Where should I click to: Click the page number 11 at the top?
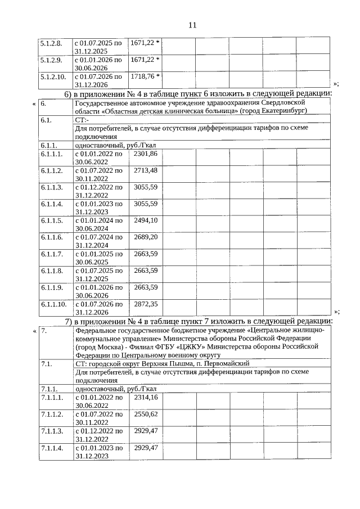point(192,25)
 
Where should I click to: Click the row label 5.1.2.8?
point(50,43)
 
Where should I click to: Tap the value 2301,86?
point(145,154)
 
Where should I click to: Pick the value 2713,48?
point(145,170)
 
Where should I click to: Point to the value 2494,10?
point(145,220)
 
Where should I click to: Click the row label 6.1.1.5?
point(51,220)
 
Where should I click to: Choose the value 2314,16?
point(145,397)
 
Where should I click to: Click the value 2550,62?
point(145,414)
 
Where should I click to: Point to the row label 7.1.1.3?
point(51,431)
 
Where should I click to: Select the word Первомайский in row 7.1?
point(227,364)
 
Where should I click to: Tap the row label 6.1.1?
point(48,145)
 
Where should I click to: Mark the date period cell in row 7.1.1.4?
point(98,451)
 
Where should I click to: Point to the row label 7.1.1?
point(49,389)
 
